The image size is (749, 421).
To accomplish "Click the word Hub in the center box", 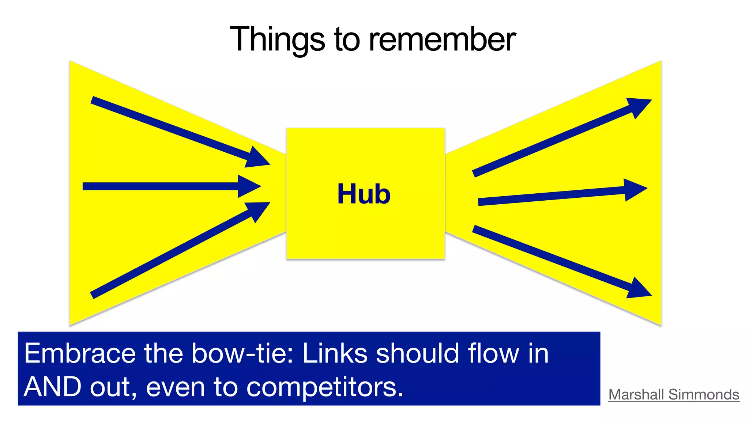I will [x=364, y=194].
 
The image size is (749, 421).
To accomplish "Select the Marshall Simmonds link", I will [x=674, y=394].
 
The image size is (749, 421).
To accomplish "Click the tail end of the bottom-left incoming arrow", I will [x=93, y=295].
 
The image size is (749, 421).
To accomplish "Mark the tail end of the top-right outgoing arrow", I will [x=475, y=174].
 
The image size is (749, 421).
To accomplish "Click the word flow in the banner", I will [x=488, y=353].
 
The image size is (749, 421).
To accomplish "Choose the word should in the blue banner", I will [x=417, y=353].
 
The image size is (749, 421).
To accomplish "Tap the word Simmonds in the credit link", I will [x=704, y=394].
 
